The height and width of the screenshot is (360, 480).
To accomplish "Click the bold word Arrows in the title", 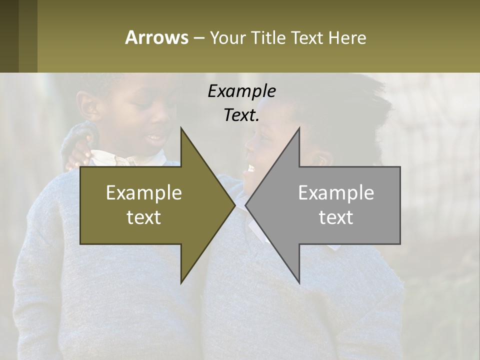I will tap(156, 37).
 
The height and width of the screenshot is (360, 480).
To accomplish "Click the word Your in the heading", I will tap(226, 37).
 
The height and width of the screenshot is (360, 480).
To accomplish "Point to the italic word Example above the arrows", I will tap(241, 91).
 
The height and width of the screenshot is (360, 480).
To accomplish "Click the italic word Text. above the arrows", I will tap(241, 115).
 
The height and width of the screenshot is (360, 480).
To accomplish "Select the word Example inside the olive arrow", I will tap(144, 192).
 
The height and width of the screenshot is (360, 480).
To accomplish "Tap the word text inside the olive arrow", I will tap(144, 217).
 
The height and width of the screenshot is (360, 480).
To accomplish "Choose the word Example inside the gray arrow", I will tap(336, 192).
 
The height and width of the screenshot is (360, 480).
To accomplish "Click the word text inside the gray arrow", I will tap(336, 217).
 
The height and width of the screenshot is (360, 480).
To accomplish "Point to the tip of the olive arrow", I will tap(234, 205).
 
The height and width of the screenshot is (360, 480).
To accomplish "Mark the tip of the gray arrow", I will tap(246, 205).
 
